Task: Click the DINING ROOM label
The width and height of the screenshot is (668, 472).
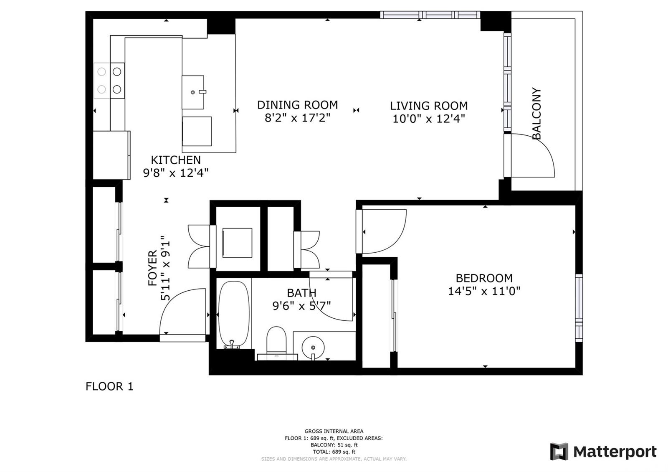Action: pos(297,105)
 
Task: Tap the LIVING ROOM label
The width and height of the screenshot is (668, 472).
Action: pos(428,106)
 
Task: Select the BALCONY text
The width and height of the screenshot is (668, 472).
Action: pos(536,113)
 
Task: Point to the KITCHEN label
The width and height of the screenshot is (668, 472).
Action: pos(176,160)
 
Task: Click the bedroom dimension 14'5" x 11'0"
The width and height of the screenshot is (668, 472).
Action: pos(484,291)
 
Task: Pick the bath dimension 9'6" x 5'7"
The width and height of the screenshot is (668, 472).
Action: pos(301,306)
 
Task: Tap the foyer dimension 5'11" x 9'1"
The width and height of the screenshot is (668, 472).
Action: pos(165,268)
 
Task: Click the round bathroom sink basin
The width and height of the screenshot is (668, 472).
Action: pos(313,347)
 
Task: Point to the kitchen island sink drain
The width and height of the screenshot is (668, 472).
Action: pos(192,92)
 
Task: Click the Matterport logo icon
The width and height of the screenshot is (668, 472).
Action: pos(559,452)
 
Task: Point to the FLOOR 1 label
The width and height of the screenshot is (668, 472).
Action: pos(109,386)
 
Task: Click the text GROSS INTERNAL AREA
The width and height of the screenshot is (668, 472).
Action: pos(334,431)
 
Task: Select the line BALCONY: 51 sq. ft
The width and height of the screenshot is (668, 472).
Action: pos(334,445)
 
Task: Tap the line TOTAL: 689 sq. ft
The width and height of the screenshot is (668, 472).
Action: pos(334,452)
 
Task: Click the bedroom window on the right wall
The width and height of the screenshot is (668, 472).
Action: pos(579,308)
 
